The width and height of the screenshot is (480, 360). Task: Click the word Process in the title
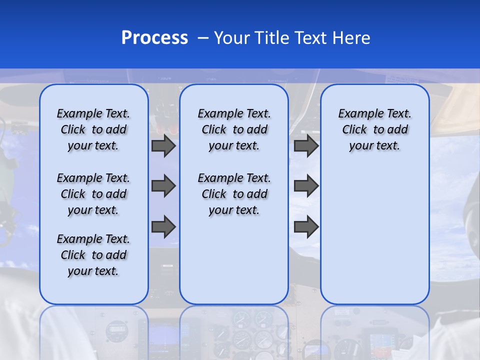click(x=154, y=38)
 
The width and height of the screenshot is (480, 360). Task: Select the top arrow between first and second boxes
click(x=163, y=145)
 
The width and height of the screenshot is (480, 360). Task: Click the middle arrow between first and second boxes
click(x=163, y=186)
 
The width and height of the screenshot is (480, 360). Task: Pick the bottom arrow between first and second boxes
click(x=163, y=226)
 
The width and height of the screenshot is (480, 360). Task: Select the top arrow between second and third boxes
click(x=306, y=145)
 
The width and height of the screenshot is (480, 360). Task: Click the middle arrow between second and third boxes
click(x=306, y=186)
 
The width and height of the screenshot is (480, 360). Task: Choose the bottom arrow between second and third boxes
click(x=306, y=226)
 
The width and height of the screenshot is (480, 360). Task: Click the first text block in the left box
click(x=93, y=129)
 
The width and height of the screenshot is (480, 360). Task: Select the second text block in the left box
click(x=93, y=194)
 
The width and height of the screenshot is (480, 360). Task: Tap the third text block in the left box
click(x=93, y=255)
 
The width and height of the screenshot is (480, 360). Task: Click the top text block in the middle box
click(x=234, y=129)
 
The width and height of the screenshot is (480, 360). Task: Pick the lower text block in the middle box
click(x=234, y=194)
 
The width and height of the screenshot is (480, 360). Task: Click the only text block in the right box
click(x=374, y=129)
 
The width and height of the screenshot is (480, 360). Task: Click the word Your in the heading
click(x=231, y=38)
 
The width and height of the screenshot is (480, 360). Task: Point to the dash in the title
click(x=203, y=38)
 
